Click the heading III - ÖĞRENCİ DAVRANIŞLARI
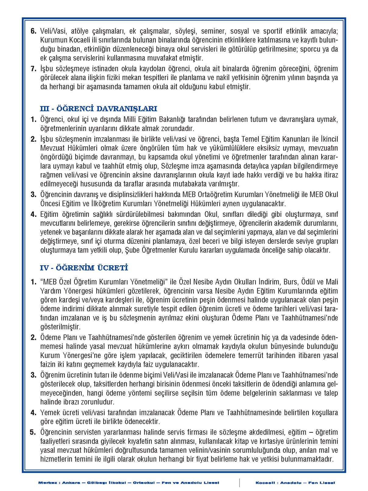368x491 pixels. click(x=98, y=109)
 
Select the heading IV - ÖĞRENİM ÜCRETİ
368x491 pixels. click(x=84, y=268)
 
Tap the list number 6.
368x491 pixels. click(x=34, y=31)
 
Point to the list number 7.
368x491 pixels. click(x=34, y=69)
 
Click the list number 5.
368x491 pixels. click(x=33, y=432)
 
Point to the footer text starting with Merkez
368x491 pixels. click(x=129, y=483)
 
